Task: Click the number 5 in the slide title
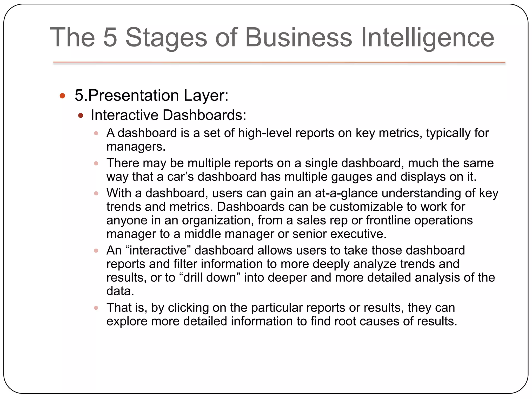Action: [110, 38]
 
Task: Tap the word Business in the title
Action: [298, 38]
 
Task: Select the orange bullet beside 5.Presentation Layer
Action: [62, 96]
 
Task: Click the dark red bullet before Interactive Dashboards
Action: [81, 116]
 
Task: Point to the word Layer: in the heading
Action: [206, 95]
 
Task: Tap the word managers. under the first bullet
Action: [136, 147]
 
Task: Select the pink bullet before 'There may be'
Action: [96, 163]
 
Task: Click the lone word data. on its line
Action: [120, 291]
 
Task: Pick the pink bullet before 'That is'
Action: [96, 308]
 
